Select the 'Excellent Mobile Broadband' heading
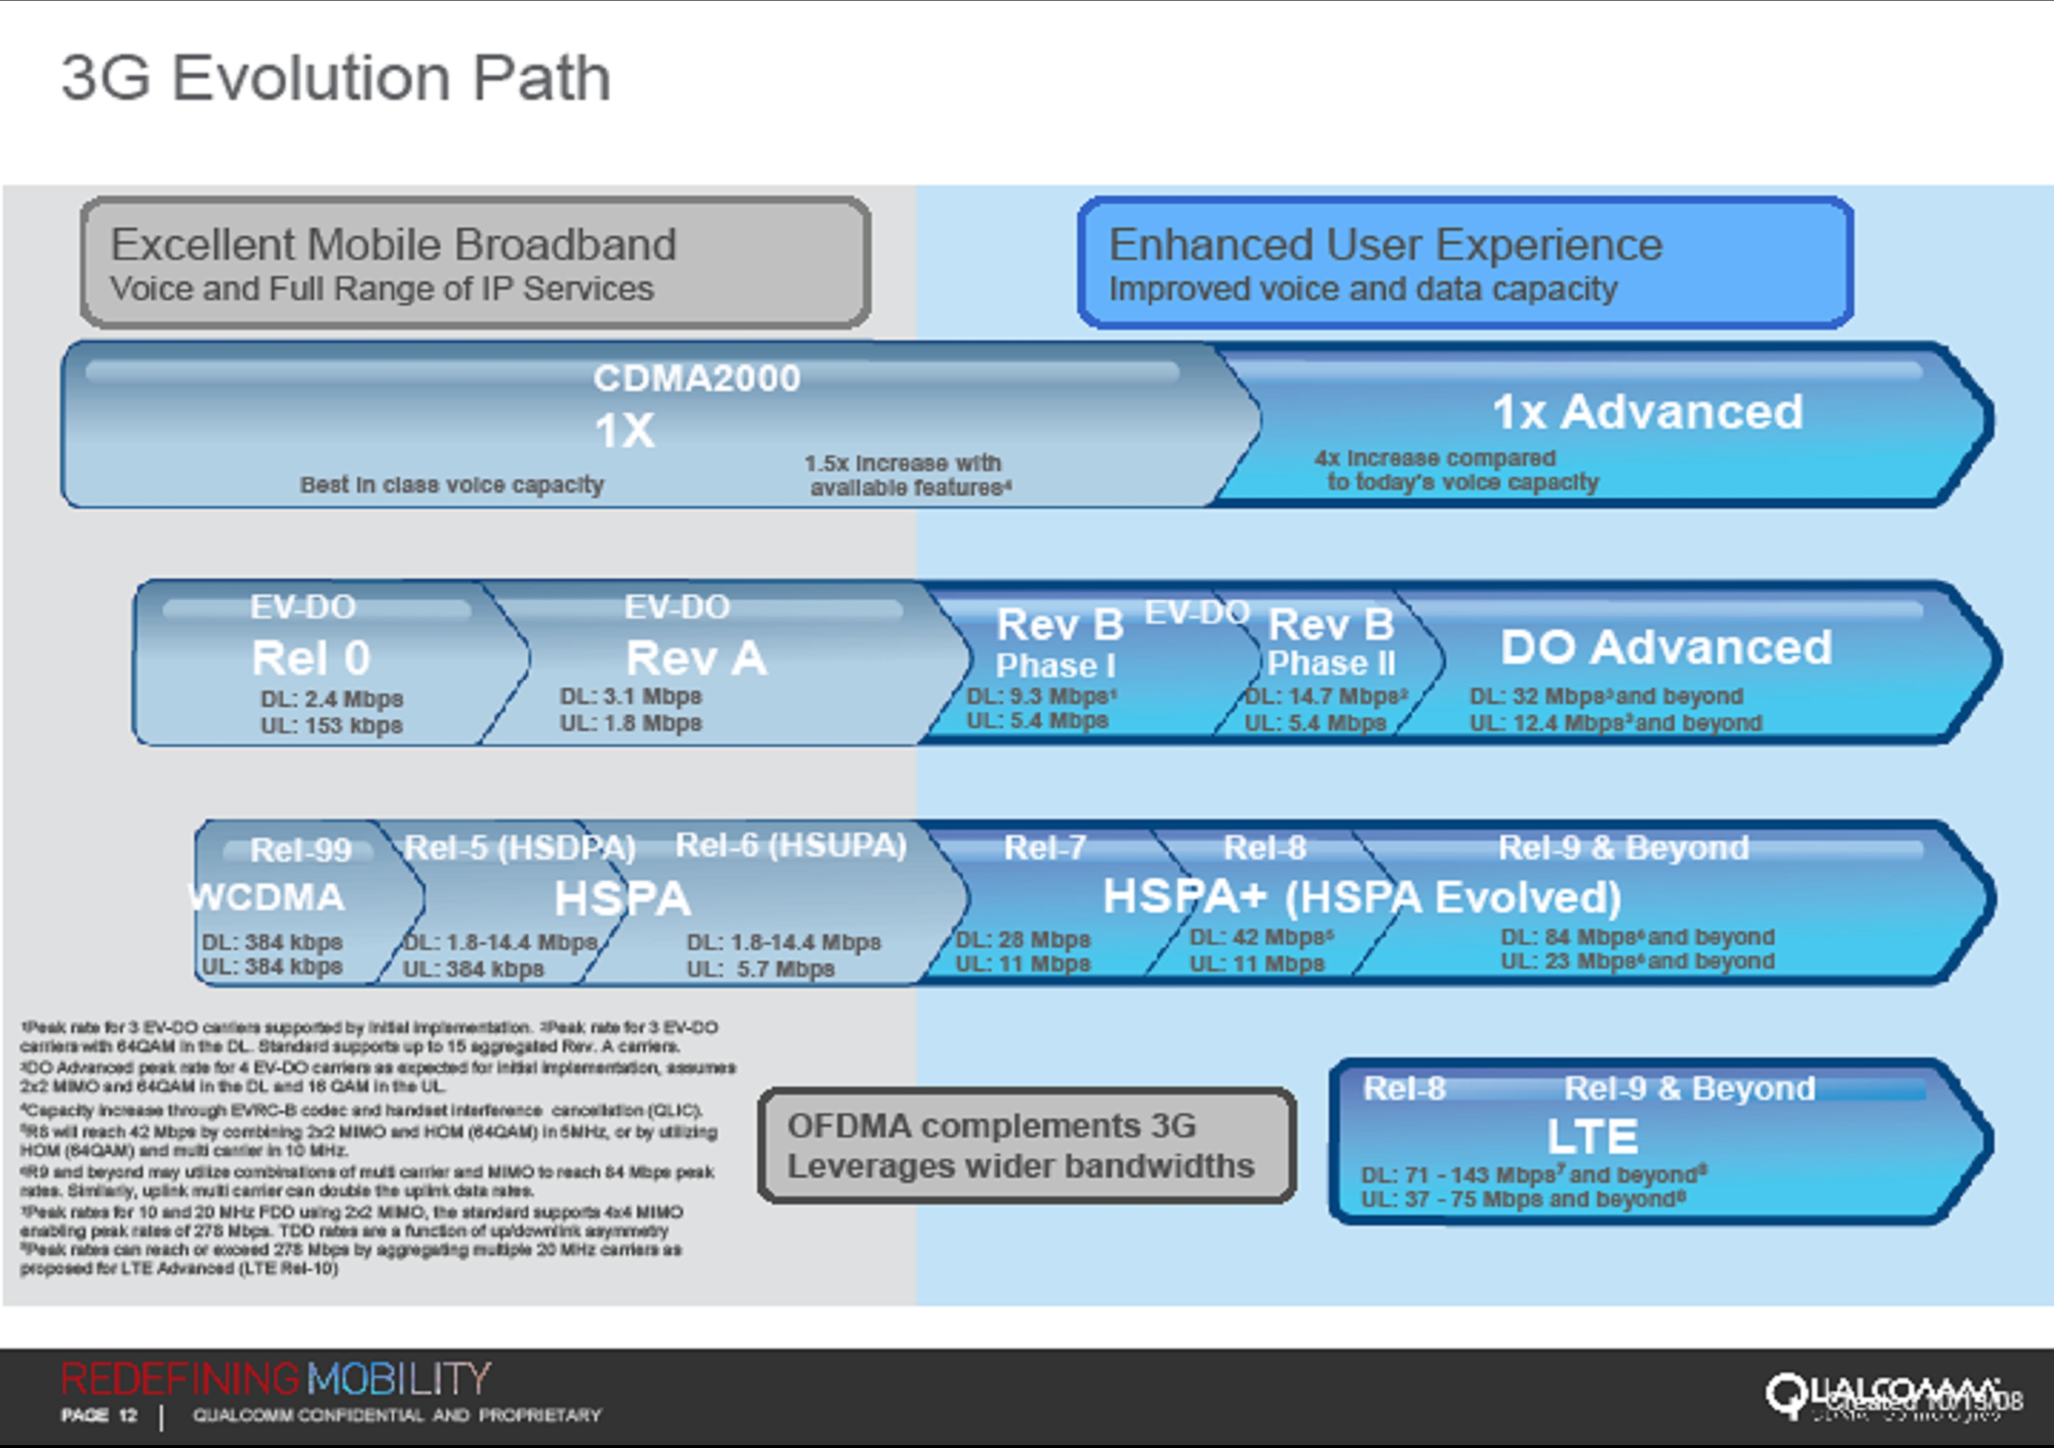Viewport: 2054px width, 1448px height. click(x=393, y=244)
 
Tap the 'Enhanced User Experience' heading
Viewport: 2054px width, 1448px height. click(x=1385, y=244)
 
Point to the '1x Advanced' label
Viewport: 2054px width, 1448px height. click(x=1647, y=412)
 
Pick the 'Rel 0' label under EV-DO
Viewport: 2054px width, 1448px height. click(x=311, y=658)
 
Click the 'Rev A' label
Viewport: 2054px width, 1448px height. click(x=696, y=658)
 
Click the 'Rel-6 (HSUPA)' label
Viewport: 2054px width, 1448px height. click(x=791, y=845)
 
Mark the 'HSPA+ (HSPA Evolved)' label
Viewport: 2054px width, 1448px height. click(x=1362, y=897)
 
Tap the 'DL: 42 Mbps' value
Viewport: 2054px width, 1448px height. click(x=1261, y=937)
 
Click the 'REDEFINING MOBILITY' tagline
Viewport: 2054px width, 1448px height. click(x=276, y=1379)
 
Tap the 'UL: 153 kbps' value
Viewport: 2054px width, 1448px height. click(x=331, y=725)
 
